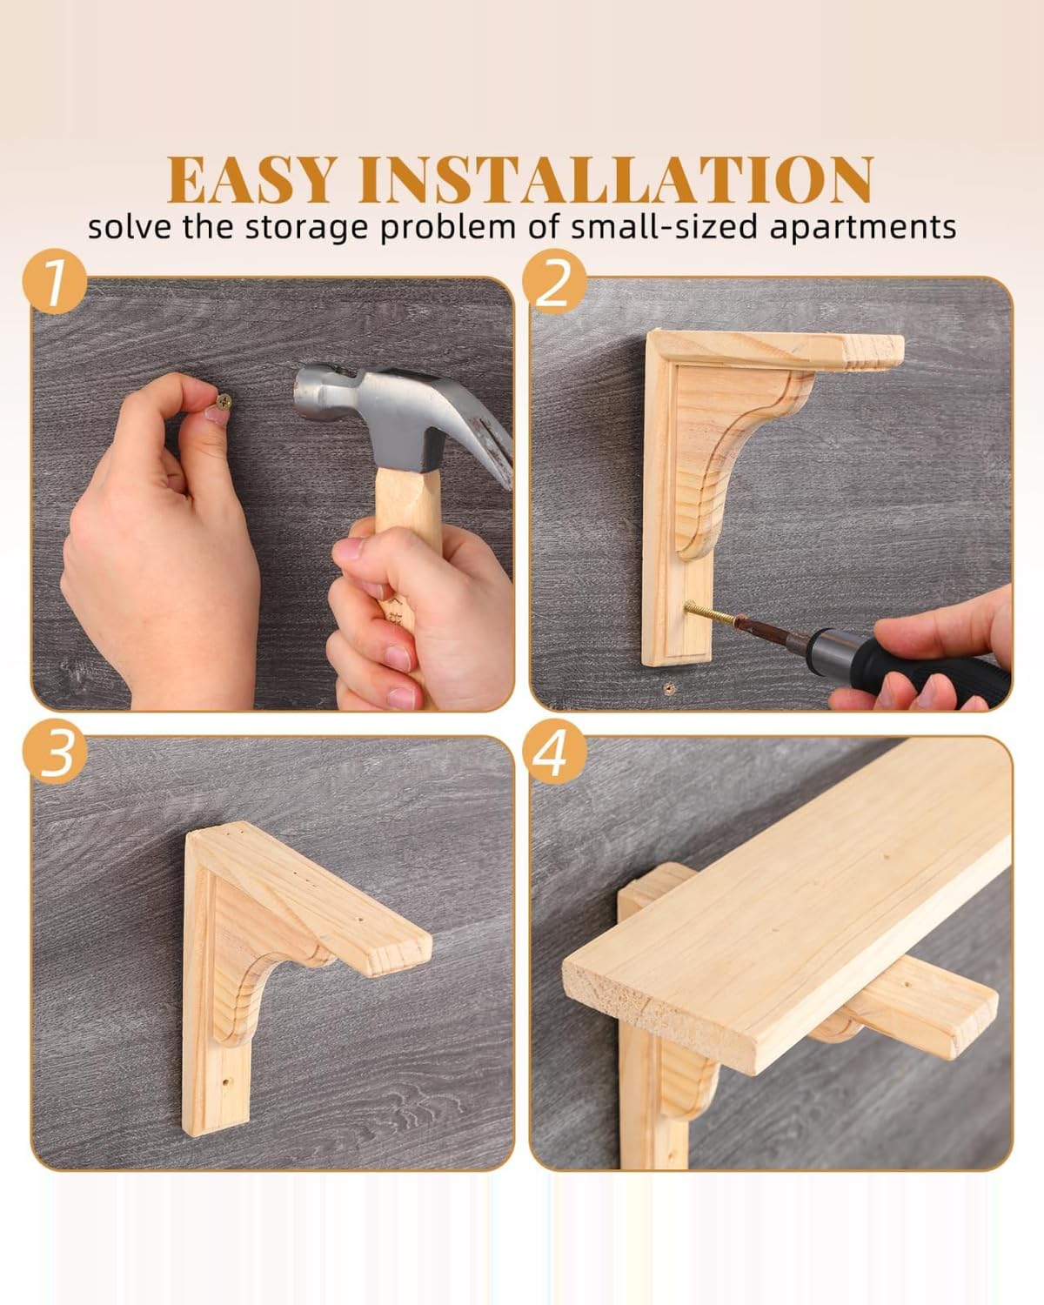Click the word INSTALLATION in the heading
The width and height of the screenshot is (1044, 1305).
616,179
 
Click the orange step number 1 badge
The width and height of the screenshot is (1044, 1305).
55,281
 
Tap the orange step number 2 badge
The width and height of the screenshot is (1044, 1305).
555,281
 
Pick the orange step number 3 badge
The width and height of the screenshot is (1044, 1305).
55,752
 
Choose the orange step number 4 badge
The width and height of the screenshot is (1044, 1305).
555,752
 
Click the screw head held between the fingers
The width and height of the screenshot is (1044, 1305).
224,400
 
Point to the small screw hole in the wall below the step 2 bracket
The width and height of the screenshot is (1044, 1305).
669,688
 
